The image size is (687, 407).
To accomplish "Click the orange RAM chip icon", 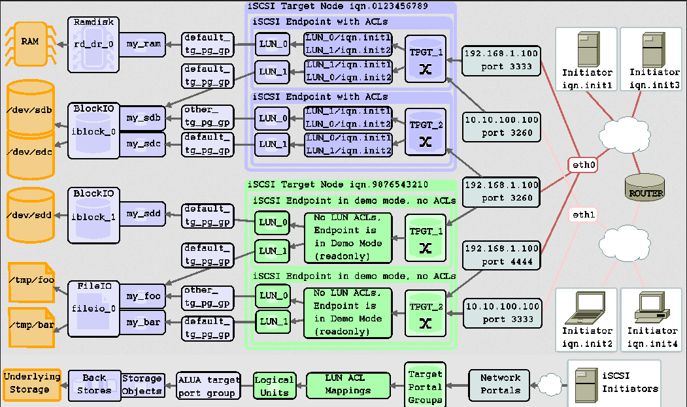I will (29, 42).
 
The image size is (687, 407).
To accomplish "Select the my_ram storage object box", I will (143, 44).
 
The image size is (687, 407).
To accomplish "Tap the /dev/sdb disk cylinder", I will (29, 108).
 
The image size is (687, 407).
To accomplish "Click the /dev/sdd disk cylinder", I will (29, 214).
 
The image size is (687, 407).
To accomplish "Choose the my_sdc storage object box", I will (143, 144).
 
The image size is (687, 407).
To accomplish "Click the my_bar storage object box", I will (143, 322).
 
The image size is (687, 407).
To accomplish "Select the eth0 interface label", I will (582, 165).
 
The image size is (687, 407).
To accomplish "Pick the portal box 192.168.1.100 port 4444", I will (501, 255).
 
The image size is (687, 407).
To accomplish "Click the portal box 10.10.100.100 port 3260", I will (501, 126).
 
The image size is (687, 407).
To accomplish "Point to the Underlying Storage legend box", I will (31, 383).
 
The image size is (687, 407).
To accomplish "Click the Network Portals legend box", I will (500, 384).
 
